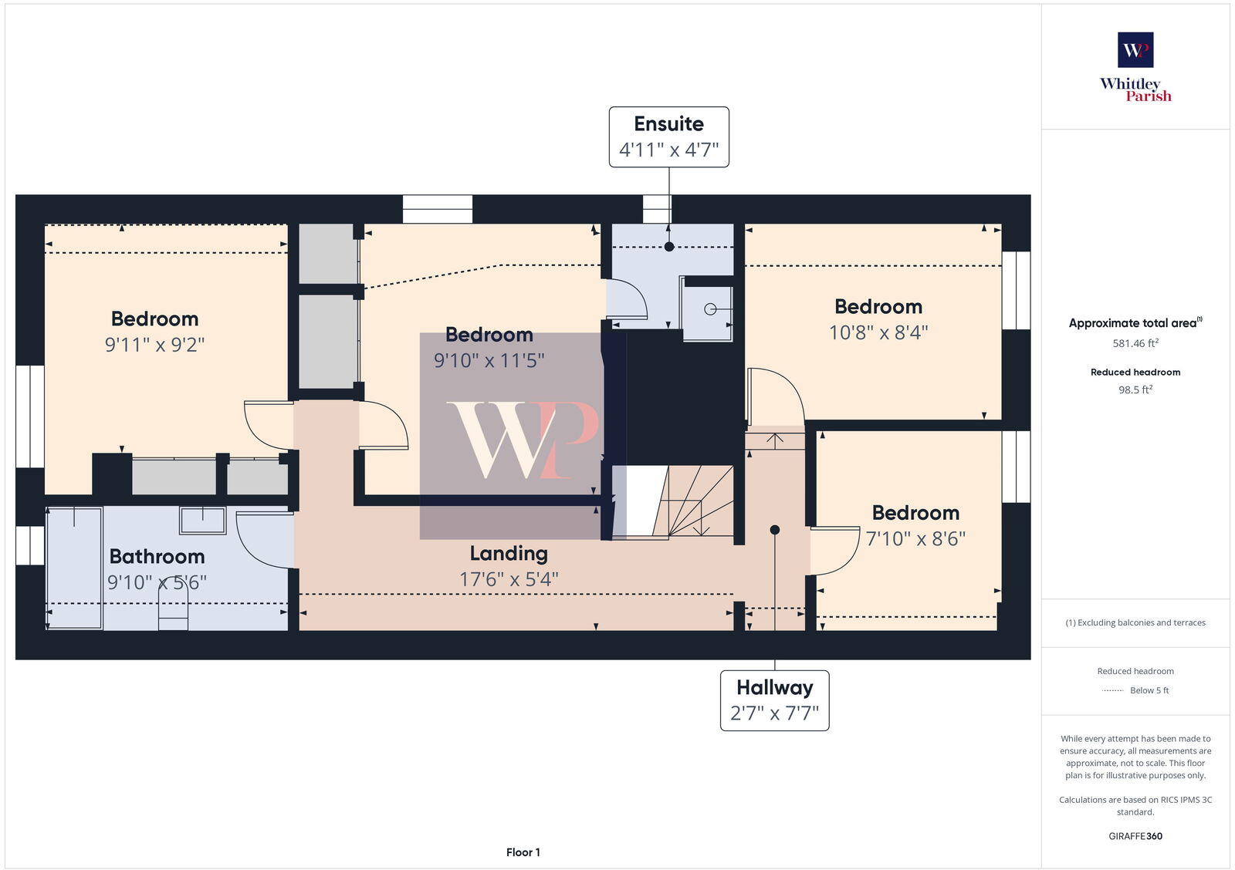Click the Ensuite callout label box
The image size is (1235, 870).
click(x=668, y=137)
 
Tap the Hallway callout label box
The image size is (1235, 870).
click(x=774, y=700)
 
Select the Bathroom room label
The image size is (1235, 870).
click(x=157, y=556)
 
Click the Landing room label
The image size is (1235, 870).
click(x=509, y=553)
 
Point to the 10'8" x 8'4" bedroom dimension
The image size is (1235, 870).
click(x=878, y=332)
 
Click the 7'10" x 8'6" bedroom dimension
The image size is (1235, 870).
click(x=915, y=538)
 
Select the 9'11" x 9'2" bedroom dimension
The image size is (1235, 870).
click(x=154, y=344)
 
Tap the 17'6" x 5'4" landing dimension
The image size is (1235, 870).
click(x=509, y=579)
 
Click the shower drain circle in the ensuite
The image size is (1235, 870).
click(x=710, y=309)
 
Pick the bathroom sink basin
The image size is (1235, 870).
click(x=203, y=521)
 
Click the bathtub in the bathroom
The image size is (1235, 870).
click(x=75, y=568)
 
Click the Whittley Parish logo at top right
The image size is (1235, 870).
click(x=1135, y=67)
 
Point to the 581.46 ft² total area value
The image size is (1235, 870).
click(x=1135, y=343)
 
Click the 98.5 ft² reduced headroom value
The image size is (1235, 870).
click(x=1135, y=390)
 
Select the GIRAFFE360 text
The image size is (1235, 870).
click(x=1135, y=836)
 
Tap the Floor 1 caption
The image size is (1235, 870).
click(x=523, y=852)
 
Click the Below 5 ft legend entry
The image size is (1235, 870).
click(x=1149, y=690)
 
